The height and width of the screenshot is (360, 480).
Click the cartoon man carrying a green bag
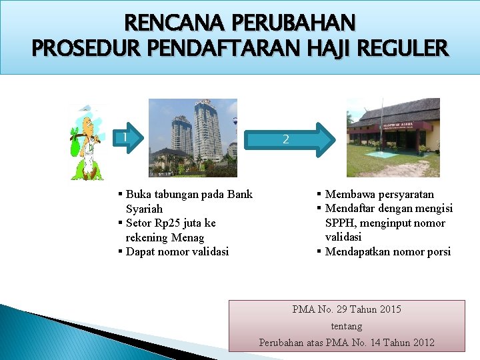[88, 142]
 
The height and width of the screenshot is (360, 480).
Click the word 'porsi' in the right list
[437, 251]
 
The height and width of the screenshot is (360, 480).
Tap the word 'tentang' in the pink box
[347, 326]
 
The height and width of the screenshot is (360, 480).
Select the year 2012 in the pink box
[423, 342]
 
